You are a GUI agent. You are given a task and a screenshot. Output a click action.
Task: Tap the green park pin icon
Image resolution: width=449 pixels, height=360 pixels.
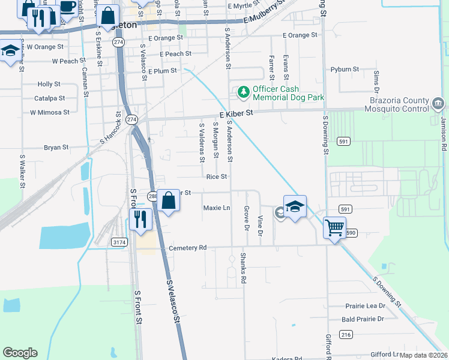(x=243, y=92)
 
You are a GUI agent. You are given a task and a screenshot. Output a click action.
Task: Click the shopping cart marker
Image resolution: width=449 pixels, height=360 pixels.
(x=334, y=228)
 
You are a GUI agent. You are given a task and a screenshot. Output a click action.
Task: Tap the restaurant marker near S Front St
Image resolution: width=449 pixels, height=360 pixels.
(x=140, y=220)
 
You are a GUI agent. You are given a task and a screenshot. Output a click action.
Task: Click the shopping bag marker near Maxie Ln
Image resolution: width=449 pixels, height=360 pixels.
(x=169, y=202)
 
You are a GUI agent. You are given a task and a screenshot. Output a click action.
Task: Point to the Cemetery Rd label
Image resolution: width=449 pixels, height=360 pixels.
(x=187, y=247)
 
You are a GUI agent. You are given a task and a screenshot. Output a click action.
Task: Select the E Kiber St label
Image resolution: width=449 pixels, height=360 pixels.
(x=233, y=112)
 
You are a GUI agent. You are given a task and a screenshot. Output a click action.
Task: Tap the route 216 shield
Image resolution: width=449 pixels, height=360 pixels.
(x=346, y=334)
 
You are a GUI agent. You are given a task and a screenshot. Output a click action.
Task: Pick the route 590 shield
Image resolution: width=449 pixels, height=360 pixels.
(x=351, y=232)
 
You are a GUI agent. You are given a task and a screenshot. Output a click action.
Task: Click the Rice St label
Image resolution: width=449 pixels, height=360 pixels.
(x=216, y=177)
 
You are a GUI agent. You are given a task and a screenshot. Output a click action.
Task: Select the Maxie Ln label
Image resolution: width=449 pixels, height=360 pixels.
(x=217, y=208)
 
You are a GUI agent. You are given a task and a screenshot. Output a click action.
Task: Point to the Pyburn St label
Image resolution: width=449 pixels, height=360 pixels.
(x=345, y=70)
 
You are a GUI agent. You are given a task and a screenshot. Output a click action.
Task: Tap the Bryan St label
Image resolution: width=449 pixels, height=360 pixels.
(x=56, y=147)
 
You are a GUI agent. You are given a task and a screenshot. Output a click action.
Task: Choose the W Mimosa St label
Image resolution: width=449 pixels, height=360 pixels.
(x=50, y=112)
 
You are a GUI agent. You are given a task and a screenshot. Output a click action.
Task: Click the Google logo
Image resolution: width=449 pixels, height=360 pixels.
(x=20, y=353)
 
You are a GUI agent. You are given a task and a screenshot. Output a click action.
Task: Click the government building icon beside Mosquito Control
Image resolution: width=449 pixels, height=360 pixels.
(x=438, y=104)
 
